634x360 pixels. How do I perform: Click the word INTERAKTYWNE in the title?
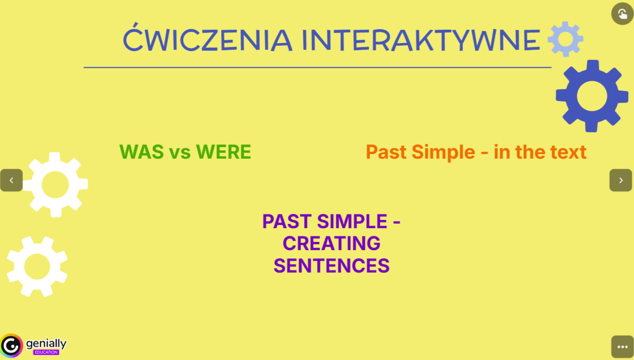click(421, 40)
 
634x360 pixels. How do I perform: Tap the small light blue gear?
click(565, 39)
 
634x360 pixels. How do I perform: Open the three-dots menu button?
click(623, 347)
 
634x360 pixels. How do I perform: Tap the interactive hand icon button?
click(623, 14)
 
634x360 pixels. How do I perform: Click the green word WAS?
click(141, 152)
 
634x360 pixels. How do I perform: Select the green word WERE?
click(223, 152)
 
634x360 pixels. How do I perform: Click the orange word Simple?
click(443, 152)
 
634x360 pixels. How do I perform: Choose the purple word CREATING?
click(332, 243)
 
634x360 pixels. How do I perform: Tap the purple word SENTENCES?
click(332, 265)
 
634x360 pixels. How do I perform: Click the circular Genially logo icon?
click(11, 345)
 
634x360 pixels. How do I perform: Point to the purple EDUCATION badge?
click(46, 352)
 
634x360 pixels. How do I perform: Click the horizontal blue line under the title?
click(317, 67)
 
